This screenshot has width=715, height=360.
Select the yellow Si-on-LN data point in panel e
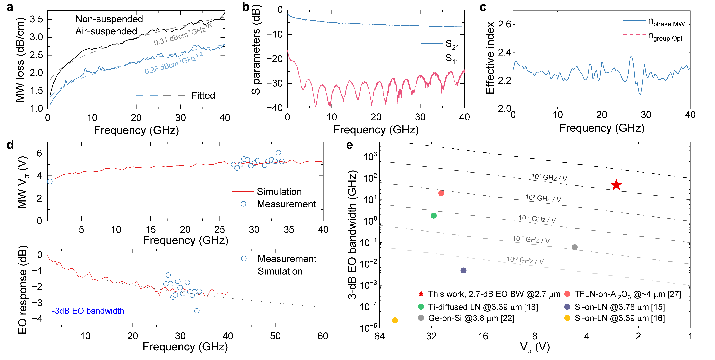tap(395, 320)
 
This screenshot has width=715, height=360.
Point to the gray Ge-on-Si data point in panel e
tap(575, 247)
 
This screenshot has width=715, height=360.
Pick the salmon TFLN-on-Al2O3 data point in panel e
tap(441, 193)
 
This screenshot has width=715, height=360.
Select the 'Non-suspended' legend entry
tap(109, 19)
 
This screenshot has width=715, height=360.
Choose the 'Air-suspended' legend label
tap(106, 31)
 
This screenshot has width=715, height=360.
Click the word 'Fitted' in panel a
tap(203, 95)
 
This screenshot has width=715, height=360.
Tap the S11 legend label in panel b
tap(452, 59)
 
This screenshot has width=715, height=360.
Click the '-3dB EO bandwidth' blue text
tap(88, 311)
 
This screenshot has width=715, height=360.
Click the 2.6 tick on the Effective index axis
tap(504, 24)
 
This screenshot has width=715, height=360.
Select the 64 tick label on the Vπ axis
tap(379, 336)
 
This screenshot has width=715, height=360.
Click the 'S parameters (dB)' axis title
tap(256, 50)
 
